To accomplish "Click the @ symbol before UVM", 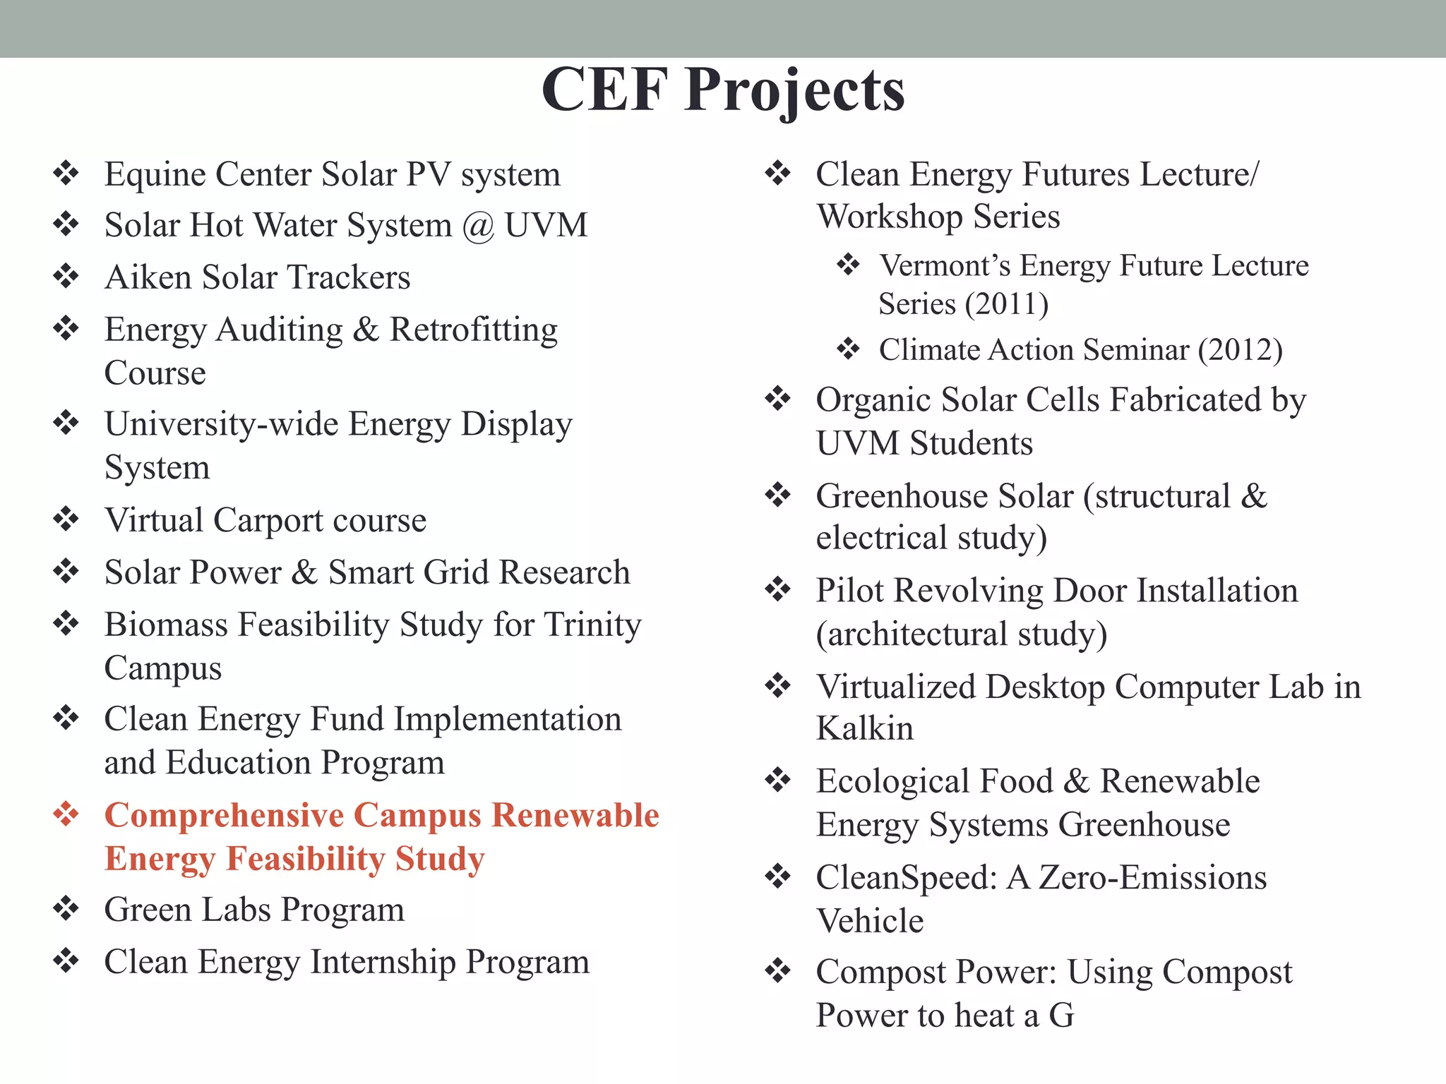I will pyautogui.click(x=478, y=226).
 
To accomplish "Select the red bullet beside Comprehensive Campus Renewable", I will pyautogui.click(x=66, y=814).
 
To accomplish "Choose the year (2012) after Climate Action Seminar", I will pyautogui.click(x=1240, y=350).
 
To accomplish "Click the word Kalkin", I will pyautogui.click(x=864, y=728).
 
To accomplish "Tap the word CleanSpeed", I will pyautogui.click(x=906, y=878).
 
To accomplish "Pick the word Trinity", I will pyautogui.click(x=592, y=625).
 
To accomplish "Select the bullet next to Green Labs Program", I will pyautogui.click(x=66, y=908).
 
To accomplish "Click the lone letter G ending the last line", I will pyautogui.click(x=1060, y=1016).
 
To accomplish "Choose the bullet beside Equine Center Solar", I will pyautogui.click(x=66, y=173).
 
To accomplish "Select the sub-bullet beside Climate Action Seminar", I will pyautogui.click(x=848, y=349).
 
